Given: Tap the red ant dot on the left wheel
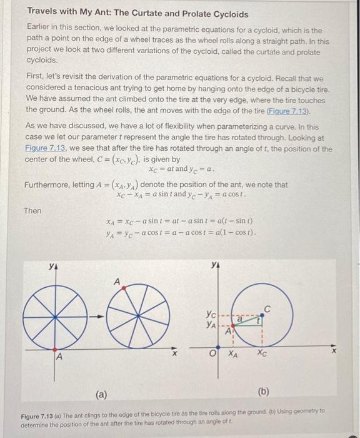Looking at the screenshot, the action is click(x=54, y=349).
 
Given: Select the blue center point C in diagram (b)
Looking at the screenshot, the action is click(x=261, y=317).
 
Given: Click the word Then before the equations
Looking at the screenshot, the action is click(x=32, y=211).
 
